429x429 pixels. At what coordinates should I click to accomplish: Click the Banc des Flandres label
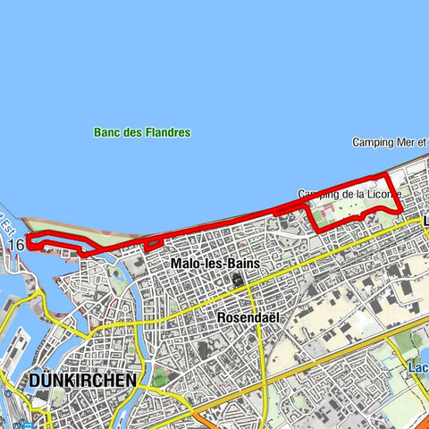(x=142, y=132)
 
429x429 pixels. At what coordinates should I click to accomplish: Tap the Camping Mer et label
(x=390, y=142)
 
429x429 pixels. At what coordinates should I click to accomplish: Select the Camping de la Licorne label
(x=349, y=194)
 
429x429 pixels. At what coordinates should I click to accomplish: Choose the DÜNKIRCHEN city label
(x=82, y=380)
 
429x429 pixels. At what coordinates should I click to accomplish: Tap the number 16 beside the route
(x=14, y=245)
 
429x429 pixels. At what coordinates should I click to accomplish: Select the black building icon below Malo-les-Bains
(x=238, y=281)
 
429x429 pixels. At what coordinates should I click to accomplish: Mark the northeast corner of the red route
(x=386, y=173)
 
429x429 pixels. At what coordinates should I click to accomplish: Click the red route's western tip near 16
(x=29, y=241)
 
